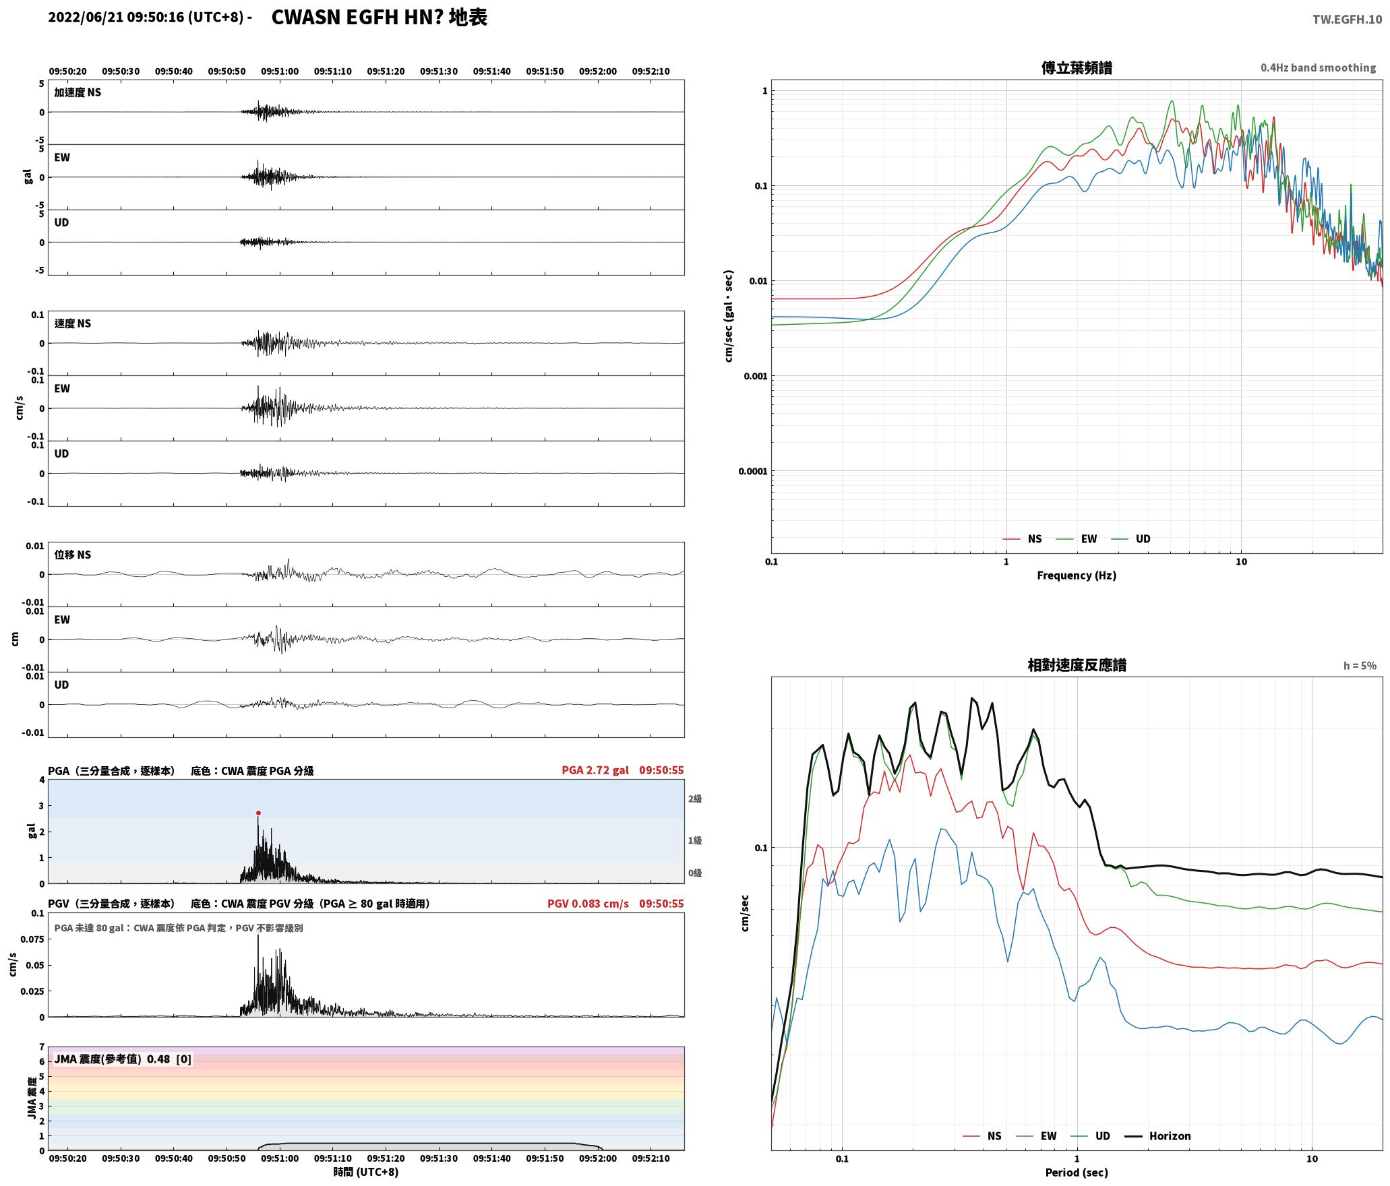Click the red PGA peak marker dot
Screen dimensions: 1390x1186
pyautogui.click(x=258, y=813)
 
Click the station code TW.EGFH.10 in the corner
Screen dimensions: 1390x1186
pyautogui.click(x=1347, y=20)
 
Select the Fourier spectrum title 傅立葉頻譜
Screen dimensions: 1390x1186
pyautogui.click(x=1077, y=68)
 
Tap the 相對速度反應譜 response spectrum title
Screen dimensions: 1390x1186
pyautogui.click(x=1077, y=665)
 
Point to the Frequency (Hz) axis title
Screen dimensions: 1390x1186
pyautogui.click(x=1077, y=575)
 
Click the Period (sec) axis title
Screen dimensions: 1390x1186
pyautogui.click(x=1077, y=1173)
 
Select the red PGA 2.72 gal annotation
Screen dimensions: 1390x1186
pyautogui.click(x=595, y=770)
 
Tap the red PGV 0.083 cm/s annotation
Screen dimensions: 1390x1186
pyautogui.click(x=588, y=904)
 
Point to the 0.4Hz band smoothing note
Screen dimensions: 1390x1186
pyautogui.click(x=1319, y=68)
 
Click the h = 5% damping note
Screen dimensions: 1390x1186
pyautogui.click(x=1360, y=666)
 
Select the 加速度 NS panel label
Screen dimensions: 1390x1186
pyautogui.click(x=78, y=92)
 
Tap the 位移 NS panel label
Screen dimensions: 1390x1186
pyautogui.click(x=73, y=555)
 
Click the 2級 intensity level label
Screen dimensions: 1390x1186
pyautogui.click(x=695, y=799)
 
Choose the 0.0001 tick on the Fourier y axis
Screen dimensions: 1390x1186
pyautogui.click(x=752, y=471)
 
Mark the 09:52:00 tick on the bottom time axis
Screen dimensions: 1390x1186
pyautogui.click(x=598, y=1158)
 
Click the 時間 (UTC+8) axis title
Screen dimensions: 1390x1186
pyautogui.click(x=366, y=1172)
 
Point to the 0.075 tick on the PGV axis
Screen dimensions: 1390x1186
pyautogui.click(x=33, y=939)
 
